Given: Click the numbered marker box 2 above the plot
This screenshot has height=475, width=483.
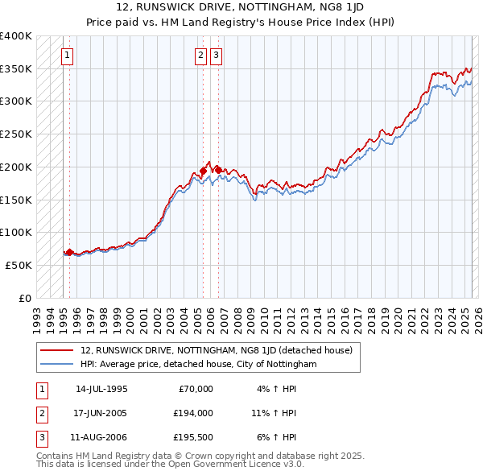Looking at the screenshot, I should pos(200,56).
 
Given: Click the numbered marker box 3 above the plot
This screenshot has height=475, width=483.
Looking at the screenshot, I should pos(217,56).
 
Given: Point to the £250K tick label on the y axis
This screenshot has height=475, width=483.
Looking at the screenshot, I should pos(16,134).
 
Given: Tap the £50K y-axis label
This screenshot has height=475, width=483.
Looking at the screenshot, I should pos(19,265).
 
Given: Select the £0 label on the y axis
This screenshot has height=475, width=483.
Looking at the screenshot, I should pos(26,298).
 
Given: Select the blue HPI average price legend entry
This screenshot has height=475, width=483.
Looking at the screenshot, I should pos(199,364).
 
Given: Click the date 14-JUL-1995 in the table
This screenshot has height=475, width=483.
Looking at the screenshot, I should pos(101,389).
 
